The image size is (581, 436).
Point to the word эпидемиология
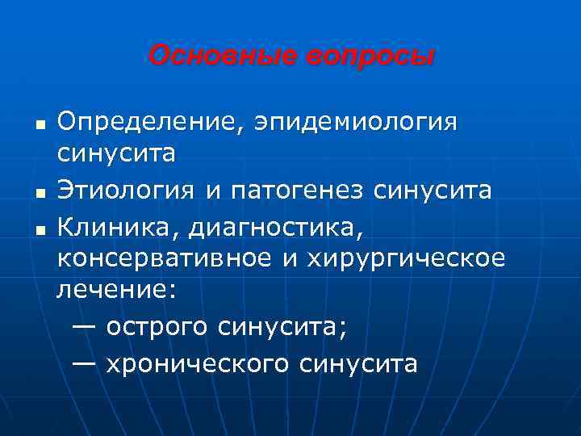coord(357,124)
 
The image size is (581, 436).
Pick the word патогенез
coord(287,191)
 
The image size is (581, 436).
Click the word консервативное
coord(169,260)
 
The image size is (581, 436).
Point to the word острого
coord(165,328)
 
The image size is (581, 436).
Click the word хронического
coord(197,363)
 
